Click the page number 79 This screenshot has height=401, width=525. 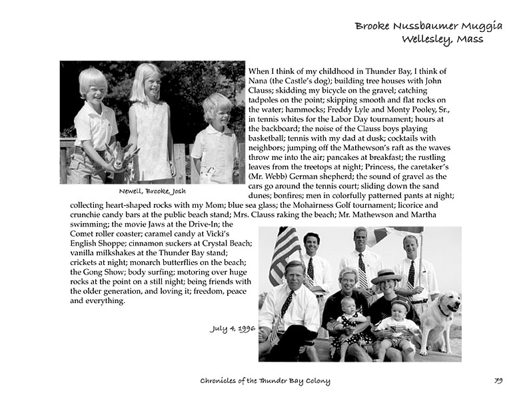pyautogui.click(x=498, y=381)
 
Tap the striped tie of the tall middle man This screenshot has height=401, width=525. pyautogui.click(x=363, y=270)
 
